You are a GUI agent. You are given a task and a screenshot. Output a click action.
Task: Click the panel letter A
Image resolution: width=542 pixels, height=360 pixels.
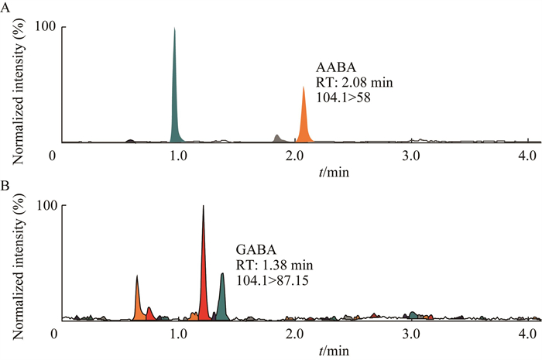click(6, 7)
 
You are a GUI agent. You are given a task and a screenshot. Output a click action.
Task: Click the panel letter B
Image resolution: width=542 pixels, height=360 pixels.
click(6, 186)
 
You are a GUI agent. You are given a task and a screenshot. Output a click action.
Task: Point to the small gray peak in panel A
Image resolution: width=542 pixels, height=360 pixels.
click(277, 139)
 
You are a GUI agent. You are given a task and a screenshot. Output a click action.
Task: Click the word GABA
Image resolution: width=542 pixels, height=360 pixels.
click(254, 252)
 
